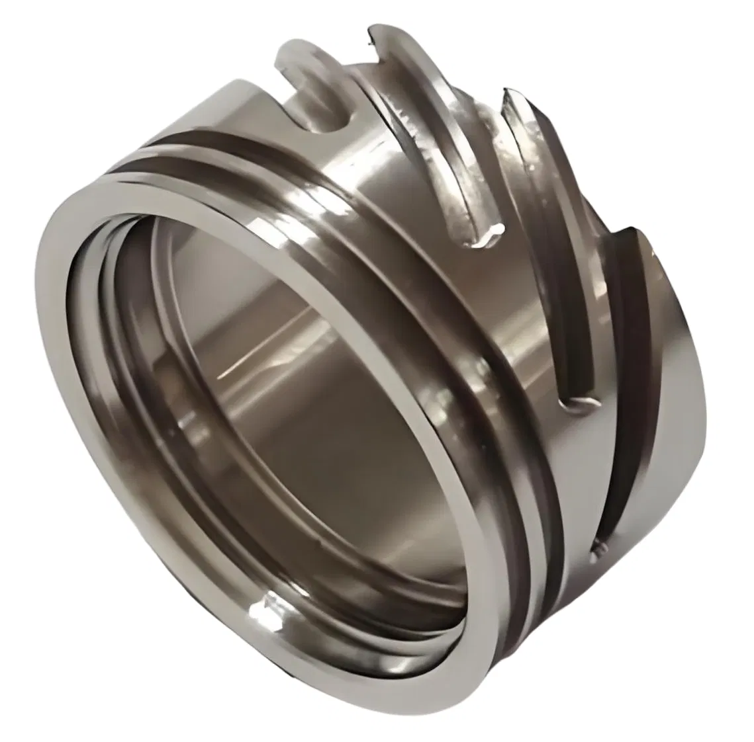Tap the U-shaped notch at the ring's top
pyautogui.click(x=324, y=106)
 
